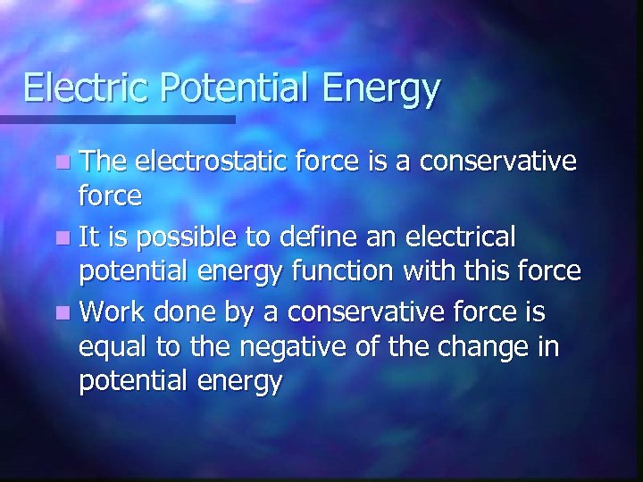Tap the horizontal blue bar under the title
[117, 119]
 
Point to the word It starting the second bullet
[88, 237]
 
